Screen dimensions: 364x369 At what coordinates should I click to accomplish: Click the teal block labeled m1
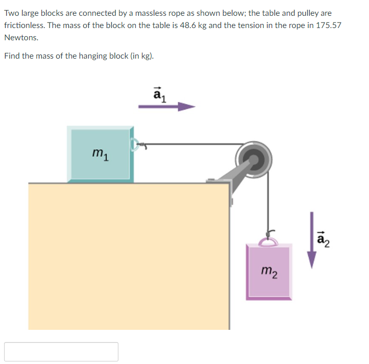(100, 154)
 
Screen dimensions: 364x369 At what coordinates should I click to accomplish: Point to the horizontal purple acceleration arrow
(167, 107)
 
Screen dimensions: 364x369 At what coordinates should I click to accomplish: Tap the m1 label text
(99, 152)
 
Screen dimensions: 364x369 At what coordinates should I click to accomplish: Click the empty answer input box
(61, 352)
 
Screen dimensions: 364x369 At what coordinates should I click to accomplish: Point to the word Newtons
(21, 38)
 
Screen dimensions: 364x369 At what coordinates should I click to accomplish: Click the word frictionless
(24, 25)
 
